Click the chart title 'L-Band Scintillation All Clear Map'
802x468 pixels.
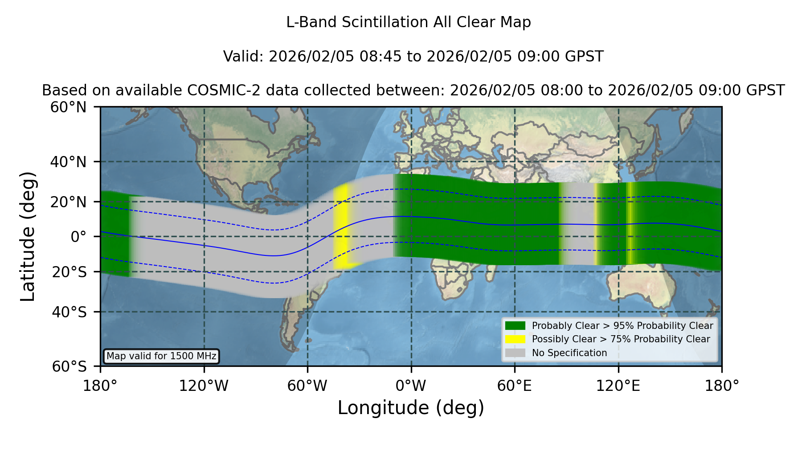click(408, 22)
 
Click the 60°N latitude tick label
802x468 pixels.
click(69, 107)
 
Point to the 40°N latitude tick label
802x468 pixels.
click(69, 162)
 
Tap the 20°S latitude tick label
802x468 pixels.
click(70, 272)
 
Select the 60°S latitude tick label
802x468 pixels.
click(70, 366)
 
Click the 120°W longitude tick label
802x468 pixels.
click(204, 386)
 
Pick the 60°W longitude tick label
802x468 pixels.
click(307, 386)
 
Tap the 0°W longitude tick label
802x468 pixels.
click(411, 386)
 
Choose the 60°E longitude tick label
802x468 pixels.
click(515, 386)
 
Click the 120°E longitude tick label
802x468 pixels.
click(618, 386)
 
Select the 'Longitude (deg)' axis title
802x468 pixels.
click(411, 408)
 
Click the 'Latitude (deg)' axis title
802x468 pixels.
click(28, 236)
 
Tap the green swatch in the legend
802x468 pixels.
click(516, 326)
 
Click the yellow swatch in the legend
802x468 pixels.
click(516, 339)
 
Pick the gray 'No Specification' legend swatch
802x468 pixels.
click(516, 353)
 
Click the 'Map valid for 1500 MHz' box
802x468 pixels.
click(161, 356)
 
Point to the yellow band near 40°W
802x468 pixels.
click(342, 227)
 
